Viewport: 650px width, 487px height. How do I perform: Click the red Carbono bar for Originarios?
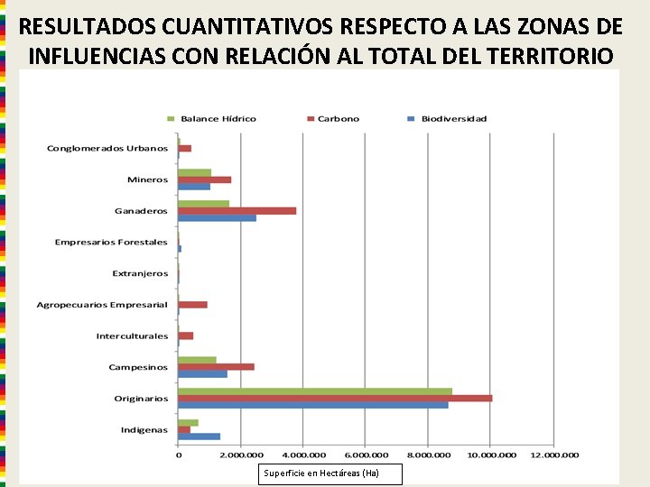click(335, 399)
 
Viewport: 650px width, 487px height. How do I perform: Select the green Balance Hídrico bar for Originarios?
click(315, 391)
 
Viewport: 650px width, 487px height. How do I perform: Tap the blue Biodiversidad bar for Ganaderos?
click(217, 218)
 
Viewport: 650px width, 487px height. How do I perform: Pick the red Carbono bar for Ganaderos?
click(237, 211)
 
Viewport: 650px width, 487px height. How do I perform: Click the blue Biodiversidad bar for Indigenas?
click(199, 436)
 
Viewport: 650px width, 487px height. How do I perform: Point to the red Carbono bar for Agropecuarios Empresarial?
click(192, 305)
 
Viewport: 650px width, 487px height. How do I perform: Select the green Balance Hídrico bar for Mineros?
click(194, 172)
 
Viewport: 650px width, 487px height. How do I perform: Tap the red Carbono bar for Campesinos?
click(216, 367)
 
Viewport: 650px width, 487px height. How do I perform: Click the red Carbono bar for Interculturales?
click(185, 335)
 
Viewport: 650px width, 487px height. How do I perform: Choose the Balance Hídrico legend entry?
click(211, 119)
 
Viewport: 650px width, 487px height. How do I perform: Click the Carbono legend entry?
click(333, 119)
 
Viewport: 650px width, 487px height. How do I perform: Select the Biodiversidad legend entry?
click(447, 119)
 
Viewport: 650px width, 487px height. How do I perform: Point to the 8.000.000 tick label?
click(429, 455)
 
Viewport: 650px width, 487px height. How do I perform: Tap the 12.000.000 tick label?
click(554, 455)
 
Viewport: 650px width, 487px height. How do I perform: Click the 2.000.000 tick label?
click(241, 455)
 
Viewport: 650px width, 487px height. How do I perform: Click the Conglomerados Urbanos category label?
click(107, 149)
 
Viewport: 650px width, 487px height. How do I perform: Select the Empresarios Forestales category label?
click(111, 243)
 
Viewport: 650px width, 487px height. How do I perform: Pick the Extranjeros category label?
click(140, 274)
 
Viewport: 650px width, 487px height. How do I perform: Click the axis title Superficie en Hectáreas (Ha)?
click(321, 473)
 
